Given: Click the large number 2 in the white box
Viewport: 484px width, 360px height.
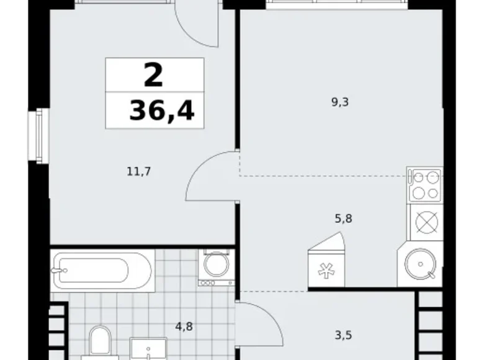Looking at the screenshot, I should pyautogui.click(x=153, y=75).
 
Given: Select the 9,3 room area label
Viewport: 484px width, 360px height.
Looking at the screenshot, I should pyautogui.click(x=341, y=102).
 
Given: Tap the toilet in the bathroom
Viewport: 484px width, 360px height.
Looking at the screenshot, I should pyautogui.click(x=100, y=343).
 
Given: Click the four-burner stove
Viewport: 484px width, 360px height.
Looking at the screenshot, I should pyautogui.click(x=424, y=184).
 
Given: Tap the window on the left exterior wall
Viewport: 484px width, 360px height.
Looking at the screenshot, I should pyautogui.click(x=40, y=135).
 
